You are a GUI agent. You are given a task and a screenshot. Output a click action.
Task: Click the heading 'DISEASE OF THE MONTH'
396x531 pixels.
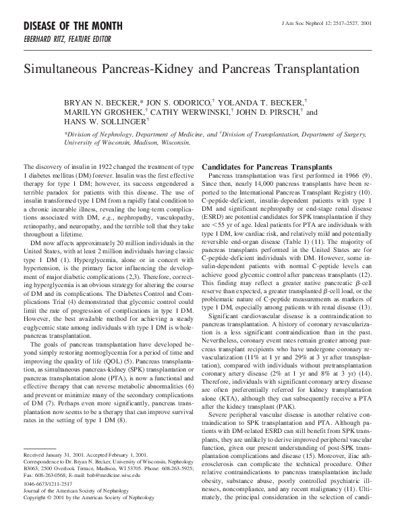[x=65, y=26]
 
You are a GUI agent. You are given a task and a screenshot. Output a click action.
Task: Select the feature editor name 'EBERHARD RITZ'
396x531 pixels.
[x=47, y=39]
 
